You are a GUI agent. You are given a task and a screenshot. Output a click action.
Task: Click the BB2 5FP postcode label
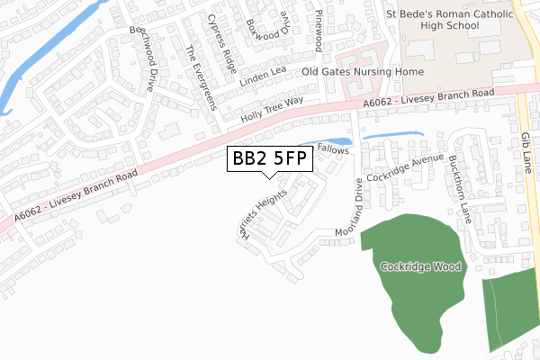pyautogui.click(x=270, y=159)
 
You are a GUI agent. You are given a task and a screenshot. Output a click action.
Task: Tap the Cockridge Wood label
pyautogui.click(x=420, y=266)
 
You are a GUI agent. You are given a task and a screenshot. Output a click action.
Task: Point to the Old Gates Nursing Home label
pyautogui.click(x=363, y=71)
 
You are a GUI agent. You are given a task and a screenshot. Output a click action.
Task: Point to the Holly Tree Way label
pyautogui.click(x=272, y=110)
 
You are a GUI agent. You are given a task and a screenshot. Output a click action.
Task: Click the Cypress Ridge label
pyautogui.click(x=221, y=42)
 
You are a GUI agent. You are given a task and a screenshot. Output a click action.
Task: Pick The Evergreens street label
pyautogui.click(x=200, y=77)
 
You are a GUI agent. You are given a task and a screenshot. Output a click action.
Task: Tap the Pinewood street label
pyautogui.click(x=319, y=31)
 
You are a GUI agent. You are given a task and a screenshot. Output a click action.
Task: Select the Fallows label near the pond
pyautogui.click(x=332, y=151)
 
